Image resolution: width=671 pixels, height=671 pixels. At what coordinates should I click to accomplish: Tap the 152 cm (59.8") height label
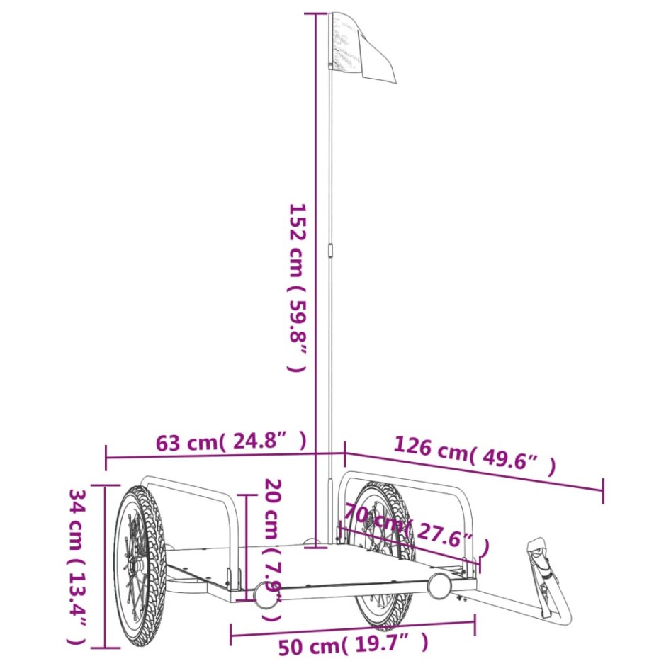(296, 287)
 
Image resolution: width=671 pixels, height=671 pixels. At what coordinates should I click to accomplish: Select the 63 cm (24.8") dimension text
(231, 442)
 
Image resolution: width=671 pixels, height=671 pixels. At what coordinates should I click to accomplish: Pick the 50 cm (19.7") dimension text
(353, 645)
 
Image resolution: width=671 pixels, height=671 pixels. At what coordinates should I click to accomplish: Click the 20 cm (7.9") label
(273, 549)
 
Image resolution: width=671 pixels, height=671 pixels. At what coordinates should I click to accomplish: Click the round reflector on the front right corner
(439, 585)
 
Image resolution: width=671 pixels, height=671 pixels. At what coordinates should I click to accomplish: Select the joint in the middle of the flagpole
(331, 249)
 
